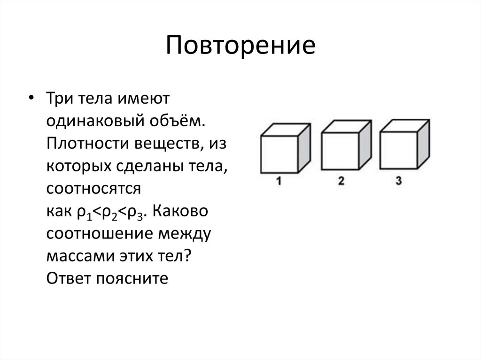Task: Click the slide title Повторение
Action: [x=240, y=46]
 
